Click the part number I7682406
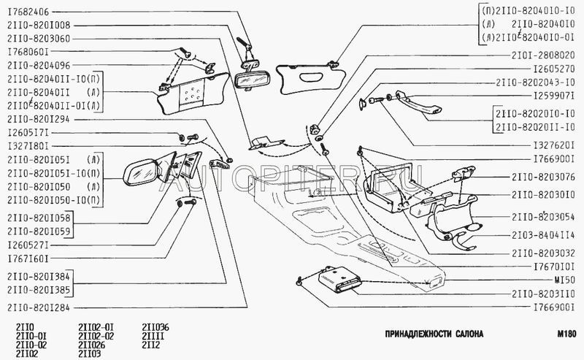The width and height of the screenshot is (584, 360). click(28, 11)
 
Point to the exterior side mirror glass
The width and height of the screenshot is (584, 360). click(140, 173)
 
